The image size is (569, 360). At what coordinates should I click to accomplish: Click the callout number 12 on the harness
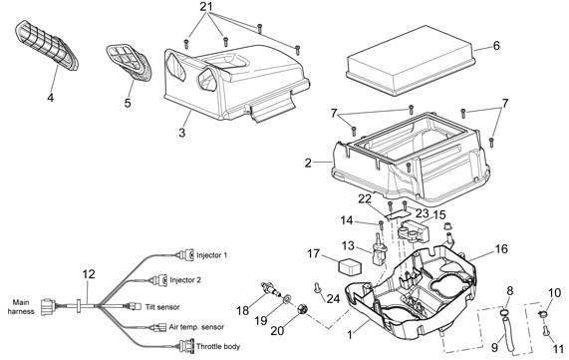coord(89,273)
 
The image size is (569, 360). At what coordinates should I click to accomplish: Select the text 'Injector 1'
coord(211,255)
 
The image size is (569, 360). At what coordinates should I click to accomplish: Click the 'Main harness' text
coord(22,305)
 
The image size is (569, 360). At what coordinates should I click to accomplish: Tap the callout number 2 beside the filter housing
coord(308,162)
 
